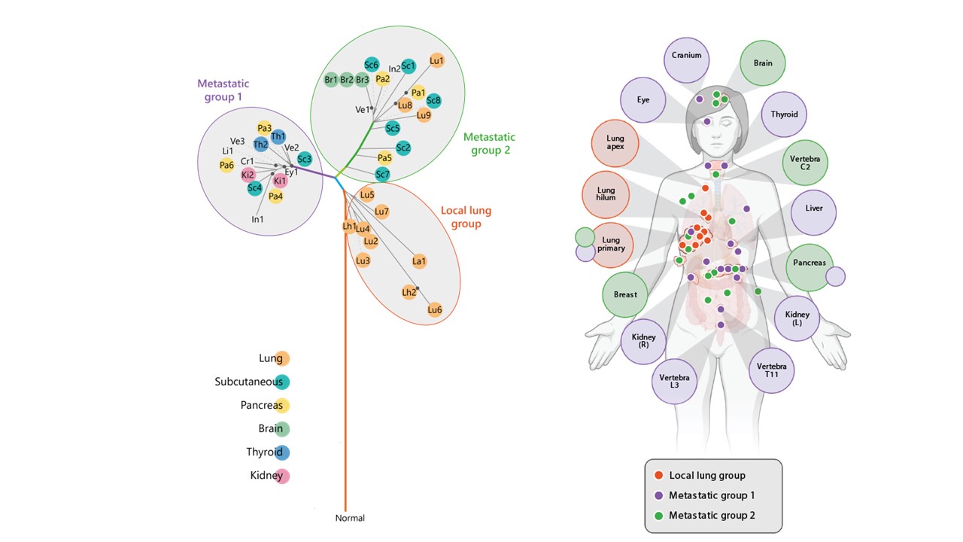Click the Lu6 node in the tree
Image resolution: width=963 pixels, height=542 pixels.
[x=434, y=309]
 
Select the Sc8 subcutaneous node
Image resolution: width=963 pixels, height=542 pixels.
[x=433, y=100]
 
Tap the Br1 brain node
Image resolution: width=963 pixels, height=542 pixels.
[x=331, y=79]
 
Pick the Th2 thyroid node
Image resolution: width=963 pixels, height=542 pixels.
[x=261, y=144]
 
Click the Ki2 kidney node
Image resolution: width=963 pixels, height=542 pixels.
[x=248, y=175]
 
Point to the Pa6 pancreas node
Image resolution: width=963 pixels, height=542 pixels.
[x=226, y=165]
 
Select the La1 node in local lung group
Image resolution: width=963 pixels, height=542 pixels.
[x=419, y=261]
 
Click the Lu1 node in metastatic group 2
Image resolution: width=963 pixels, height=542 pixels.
[x=436, y=60]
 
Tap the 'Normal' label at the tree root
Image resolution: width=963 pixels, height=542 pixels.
[x=350, y=518]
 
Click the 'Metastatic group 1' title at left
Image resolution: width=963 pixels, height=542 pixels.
[x=223, y=90]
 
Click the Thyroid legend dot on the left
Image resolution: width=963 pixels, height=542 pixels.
[x=282, y=452]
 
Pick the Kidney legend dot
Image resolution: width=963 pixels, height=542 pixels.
[x=282, y=476]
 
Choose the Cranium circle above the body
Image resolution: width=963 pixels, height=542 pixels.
[x=686, y=56]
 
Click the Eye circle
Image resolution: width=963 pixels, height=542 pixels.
[x=643, y=99]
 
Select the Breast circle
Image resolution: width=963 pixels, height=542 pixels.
[x=625, y=294]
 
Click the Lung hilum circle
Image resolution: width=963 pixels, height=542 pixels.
[x=606, y=193]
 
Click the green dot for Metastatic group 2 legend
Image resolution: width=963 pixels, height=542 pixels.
[x=659, y=516]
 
